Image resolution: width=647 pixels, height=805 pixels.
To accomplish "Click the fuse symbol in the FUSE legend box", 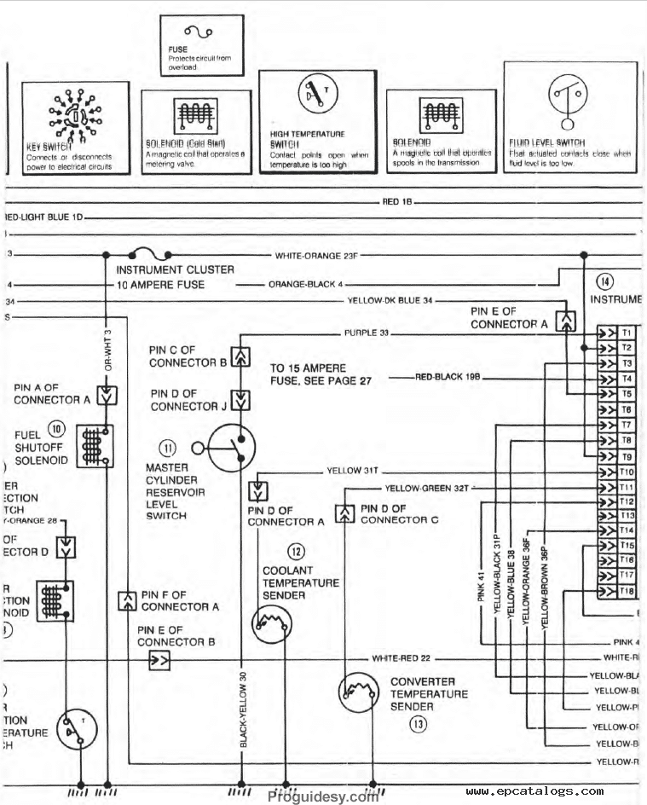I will coord(199,32).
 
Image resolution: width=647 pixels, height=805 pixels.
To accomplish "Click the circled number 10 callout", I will coord(56,428).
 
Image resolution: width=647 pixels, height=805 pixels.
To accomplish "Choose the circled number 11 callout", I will coord(167,448).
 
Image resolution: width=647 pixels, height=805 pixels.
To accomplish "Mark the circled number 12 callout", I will coord(296,551).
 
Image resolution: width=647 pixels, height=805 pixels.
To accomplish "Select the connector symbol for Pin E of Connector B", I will coord(159,659).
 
